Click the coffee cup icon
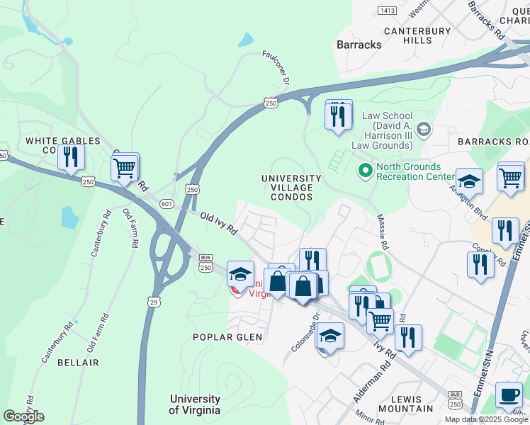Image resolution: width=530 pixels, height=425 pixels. tap(508, 395)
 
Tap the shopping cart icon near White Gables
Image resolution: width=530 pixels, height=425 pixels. tap(125, 169)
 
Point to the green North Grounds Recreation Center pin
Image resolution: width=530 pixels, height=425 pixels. tap(366, 170)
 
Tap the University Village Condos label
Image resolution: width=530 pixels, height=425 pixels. tap(291, 188)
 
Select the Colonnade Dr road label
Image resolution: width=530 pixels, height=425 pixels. tap(306, 333)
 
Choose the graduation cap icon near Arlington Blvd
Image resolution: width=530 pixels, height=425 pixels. tap(468, 182)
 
